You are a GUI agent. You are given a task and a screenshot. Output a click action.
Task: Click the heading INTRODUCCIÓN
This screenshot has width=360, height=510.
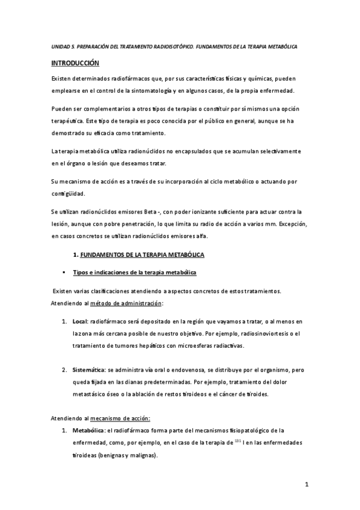click(x=75, y=63)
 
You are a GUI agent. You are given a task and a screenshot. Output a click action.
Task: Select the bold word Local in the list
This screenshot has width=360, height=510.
click(x=81, y=322)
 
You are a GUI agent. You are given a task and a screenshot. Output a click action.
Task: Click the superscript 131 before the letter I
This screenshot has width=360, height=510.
click(x=238, y=441)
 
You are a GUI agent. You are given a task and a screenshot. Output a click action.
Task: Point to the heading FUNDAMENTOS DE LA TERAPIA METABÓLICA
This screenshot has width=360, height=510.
click(x=142, y=256)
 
